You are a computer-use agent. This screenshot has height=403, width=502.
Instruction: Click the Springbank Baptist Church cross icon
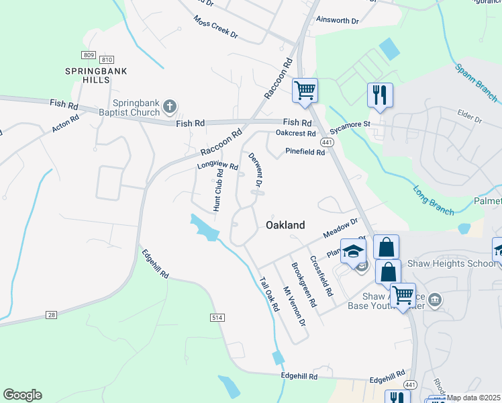point(170,106)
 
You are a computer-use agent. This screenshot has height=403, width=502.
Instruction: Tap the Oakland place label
point(286,225)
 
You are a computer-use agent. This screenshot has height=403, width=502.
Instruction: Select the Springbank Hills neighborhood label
point(97,75)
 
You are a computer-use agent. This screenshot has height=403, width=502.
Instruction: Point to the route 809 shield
point(89,54)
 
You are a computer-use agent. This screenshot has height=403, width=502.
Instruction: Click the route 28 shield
point(52,315)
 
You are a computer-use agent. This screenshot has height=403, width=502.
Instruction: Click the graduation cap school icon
point(353,251)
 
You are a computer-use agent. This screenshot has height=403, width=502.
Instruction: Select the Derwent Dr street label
point(255,170)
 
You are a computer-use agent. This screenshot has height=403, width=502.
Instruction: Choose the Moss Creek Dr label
point(215,28)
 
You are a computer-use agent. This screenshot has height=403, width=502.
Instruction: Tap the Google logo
point(22,395)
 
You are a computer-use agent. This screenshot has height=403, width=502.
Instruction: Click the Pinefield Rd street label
point(305,152)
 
